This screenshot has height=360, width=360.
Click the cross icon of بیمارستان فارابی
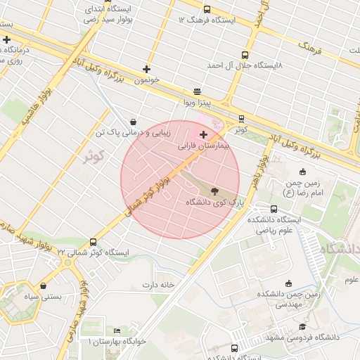[204, 134]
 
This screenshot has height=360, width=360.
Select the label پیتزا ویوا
[198, 103]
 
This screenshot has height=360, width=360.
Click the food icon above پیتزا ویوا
[197, 91]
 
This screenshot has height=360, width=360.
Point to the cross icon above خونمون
[146, 69]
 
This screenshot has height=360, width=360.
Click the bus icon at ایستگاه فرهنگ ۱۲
[207, 10]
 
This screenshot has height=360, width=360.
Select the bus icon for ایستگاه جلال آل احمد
[245, 55]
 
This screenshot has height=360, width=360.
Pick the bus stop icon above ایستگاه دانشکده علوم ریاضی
[274, 209]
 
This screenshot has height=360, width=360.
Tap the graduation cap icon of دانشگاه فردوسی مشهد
[302, 326]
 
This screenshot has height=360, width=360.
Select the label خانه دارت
[158, 285]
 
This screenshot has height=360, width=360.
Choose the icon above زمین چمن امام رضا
[303, 172]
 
